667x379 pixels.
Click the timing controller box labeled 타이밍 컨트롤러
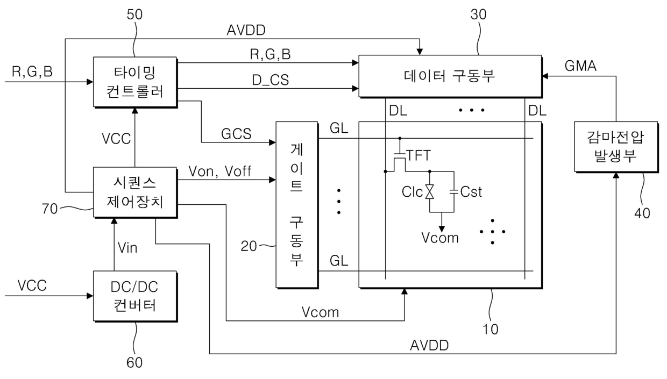coord(135,82)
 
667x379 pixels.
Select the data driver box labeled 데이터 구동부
coord(450,76)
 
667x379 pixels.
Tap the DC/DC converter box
coord(135,296)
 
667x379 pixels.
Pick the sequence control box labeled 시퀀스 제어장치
coord(135,192)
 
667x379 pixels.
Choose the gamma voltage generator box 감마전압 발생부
coord(616,147)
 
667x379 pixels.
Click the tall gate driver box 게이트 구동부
coord(297,205)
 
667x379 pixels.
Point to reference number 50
coord(134,15)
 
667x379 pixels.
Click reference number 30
coord(479,15)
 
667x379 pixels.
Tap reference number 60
coord(134,363)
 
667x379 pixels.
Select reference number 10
coord(490,330)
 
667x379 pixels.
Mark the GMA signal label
coord(580,66)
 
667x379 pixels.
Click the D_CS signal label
coord(271,80)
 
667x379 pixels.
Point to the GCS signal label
coord(236,134)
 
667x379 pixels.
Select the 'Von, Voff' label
coord(220,171)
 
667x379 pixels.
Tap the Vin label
coord(127,247)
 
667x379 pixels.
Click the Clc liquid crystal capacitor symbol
coord(429,191)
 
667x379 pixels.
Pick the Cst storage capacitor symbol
coord(454,191)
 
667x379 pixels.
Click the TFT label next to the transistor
coord(418,155)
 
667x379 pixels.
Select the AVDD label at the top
coord(246,30)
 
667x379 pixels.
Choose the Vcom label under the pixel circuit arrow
coord(440,238)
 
